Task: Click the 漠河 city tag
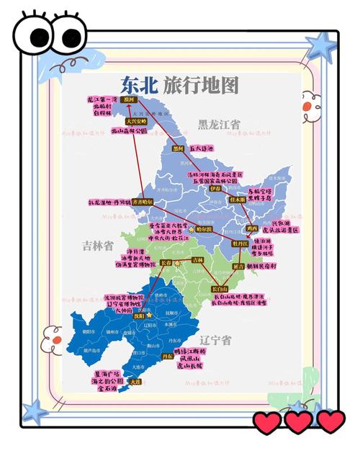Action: point(129,99)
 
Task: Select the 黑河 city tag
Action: point(179,148)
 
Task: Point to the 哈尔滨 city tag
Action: point(205,228)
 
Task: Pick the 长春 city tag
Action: point(167,264)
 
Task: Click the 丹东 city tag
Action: point(167,356)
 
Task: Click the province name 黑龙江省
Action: point(220,124)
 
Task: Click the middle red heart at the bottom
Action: point(298,421)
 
